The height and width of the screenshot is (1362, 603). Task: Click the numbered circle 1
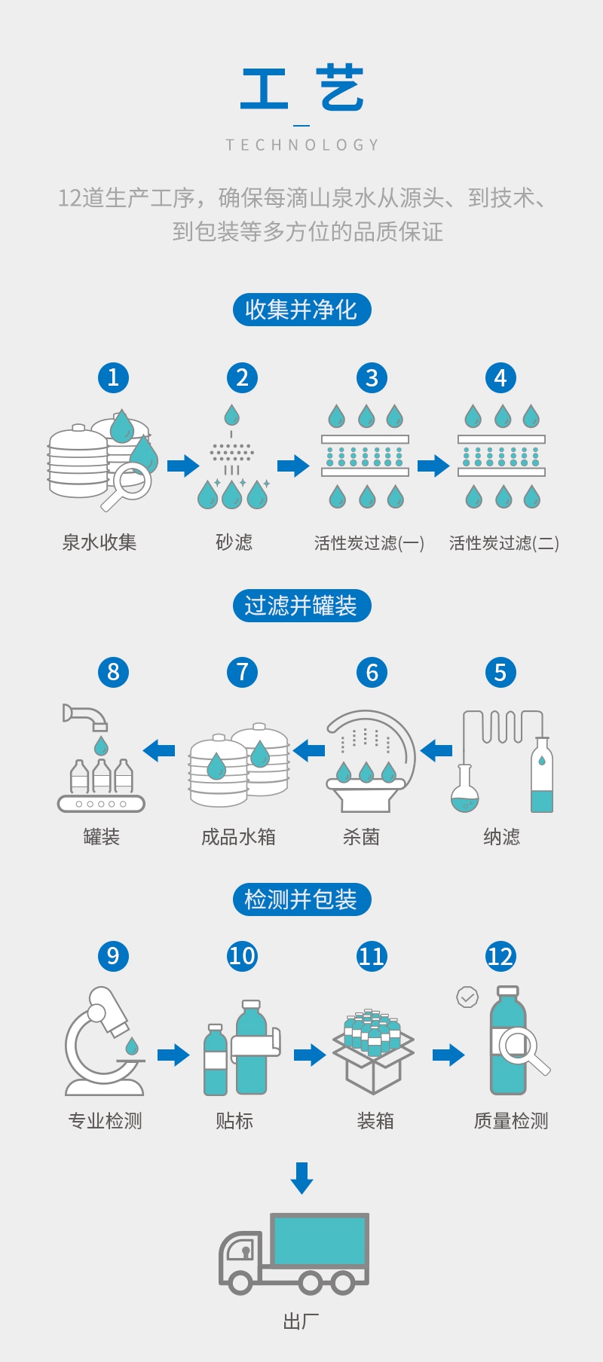tap(113, 377)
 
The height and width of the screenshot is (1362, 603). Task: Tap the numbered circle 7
tap(242, 672)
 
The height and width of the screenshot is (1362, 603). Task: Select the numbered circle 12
tap(500, 956)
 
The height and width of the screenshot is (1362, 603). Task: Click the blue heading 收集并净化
tap(301, 310)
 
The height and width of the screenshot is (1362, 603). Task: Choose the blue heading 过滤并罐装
tap(301, 606)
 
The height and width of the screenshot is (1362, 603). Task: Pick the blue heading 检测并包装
tap(301, 899)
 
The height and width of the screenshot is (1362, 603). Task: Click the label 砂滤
tap(234, 542)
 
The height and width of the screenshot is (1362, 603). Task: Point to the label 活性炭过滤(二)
tap(504, 543)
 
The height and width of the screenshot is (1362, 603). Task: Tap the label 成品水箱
tap(238, 837)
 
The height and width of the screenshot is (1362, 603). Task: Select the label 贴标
tap(234, 1121)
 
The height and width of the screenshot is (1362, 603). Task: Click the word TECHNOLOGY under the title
tap(301, 145)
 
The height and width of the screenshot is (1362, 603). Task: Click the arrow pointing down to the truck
tap(301, 1177)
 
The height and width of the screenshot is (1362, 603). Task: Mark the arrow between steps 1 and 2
tap(182, 466)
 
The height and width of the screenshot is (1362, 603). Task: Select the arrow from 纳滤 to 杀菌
tap(436, 750)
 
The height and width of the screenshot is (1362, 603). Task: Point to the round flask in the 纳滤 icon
tap(464, 796)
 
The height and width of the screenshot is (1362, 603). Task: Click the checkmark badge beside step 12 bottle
tap(467, 997)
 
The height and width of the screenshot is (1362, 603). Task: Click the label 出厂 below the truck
tap(301, 1321)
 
